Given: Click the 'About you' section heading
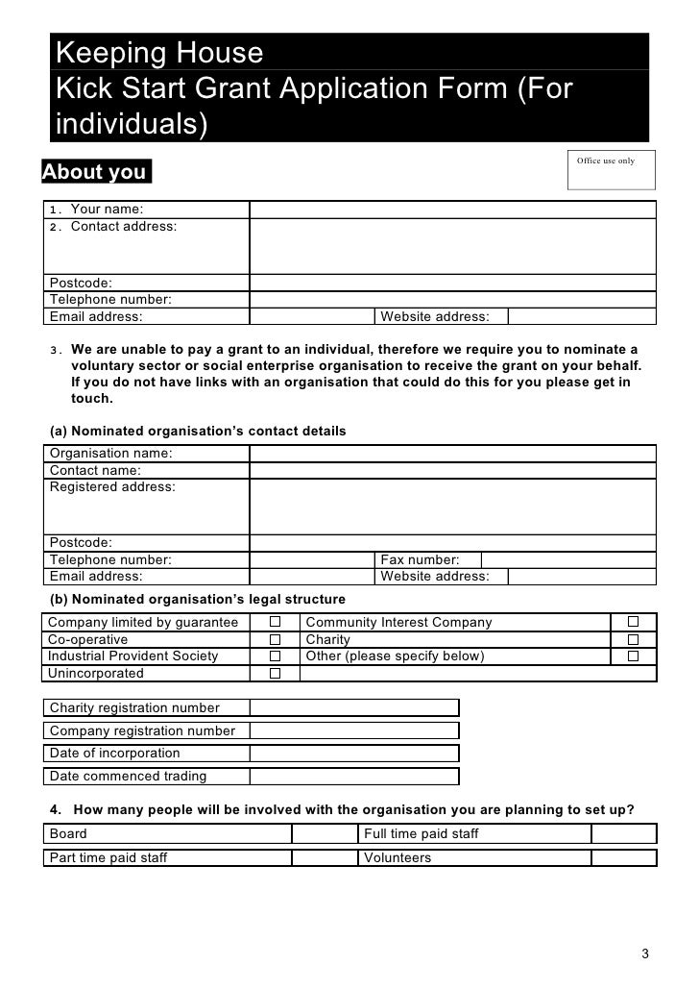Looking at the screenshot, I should tap(95, 173).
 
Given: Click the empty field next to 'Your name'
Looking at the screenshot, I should tap(452, 210).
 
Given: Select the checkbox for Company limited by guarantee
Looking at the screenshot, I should tap(274, 623).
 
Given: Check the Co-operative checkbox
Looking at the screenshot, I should tap(274, 639).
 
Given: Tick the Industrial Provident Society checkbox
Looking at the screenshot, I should tap(274, 656).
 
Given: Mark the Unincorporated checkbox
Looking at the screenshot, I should tap(274, 674).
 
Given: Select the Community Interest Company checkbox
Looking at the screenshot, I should tap(633, 623).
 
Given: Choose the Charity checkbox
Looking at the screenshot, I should tap(633, 639).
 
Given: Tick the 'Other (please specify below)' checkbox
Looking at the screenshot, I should tap(633, 656).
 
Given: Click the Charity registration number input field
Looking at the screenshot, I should tap(353, 708).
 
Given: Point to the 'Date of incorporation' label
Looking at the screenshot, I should tap(114, 754).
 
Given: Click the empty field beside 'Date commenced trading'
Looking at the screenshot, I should tap(353, 777).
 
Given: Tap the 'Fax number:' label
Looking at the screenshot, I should tap(420, 559).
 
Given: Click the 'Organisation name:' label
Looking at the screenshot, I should tap(110, 454).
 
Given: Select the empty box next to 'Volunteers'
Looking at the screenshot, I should tap(624, 858).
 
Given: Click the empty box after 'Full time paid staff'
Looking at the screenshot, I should tap(624, 834).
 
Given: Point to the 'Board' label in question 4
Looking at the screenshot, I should tap(68, 834).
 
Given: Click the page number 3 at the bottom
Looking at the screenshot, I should tap(645, 954).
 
